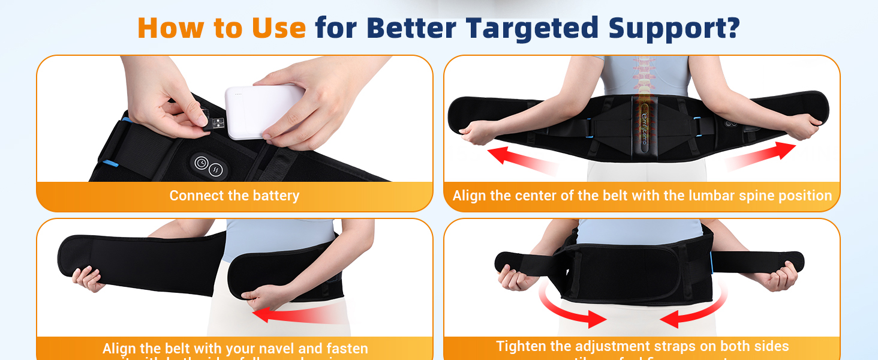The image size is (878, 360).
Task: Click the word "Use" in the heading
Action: tap(278, 28)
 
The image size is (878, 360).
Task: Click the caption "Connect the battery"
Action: tap(234, 196)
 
